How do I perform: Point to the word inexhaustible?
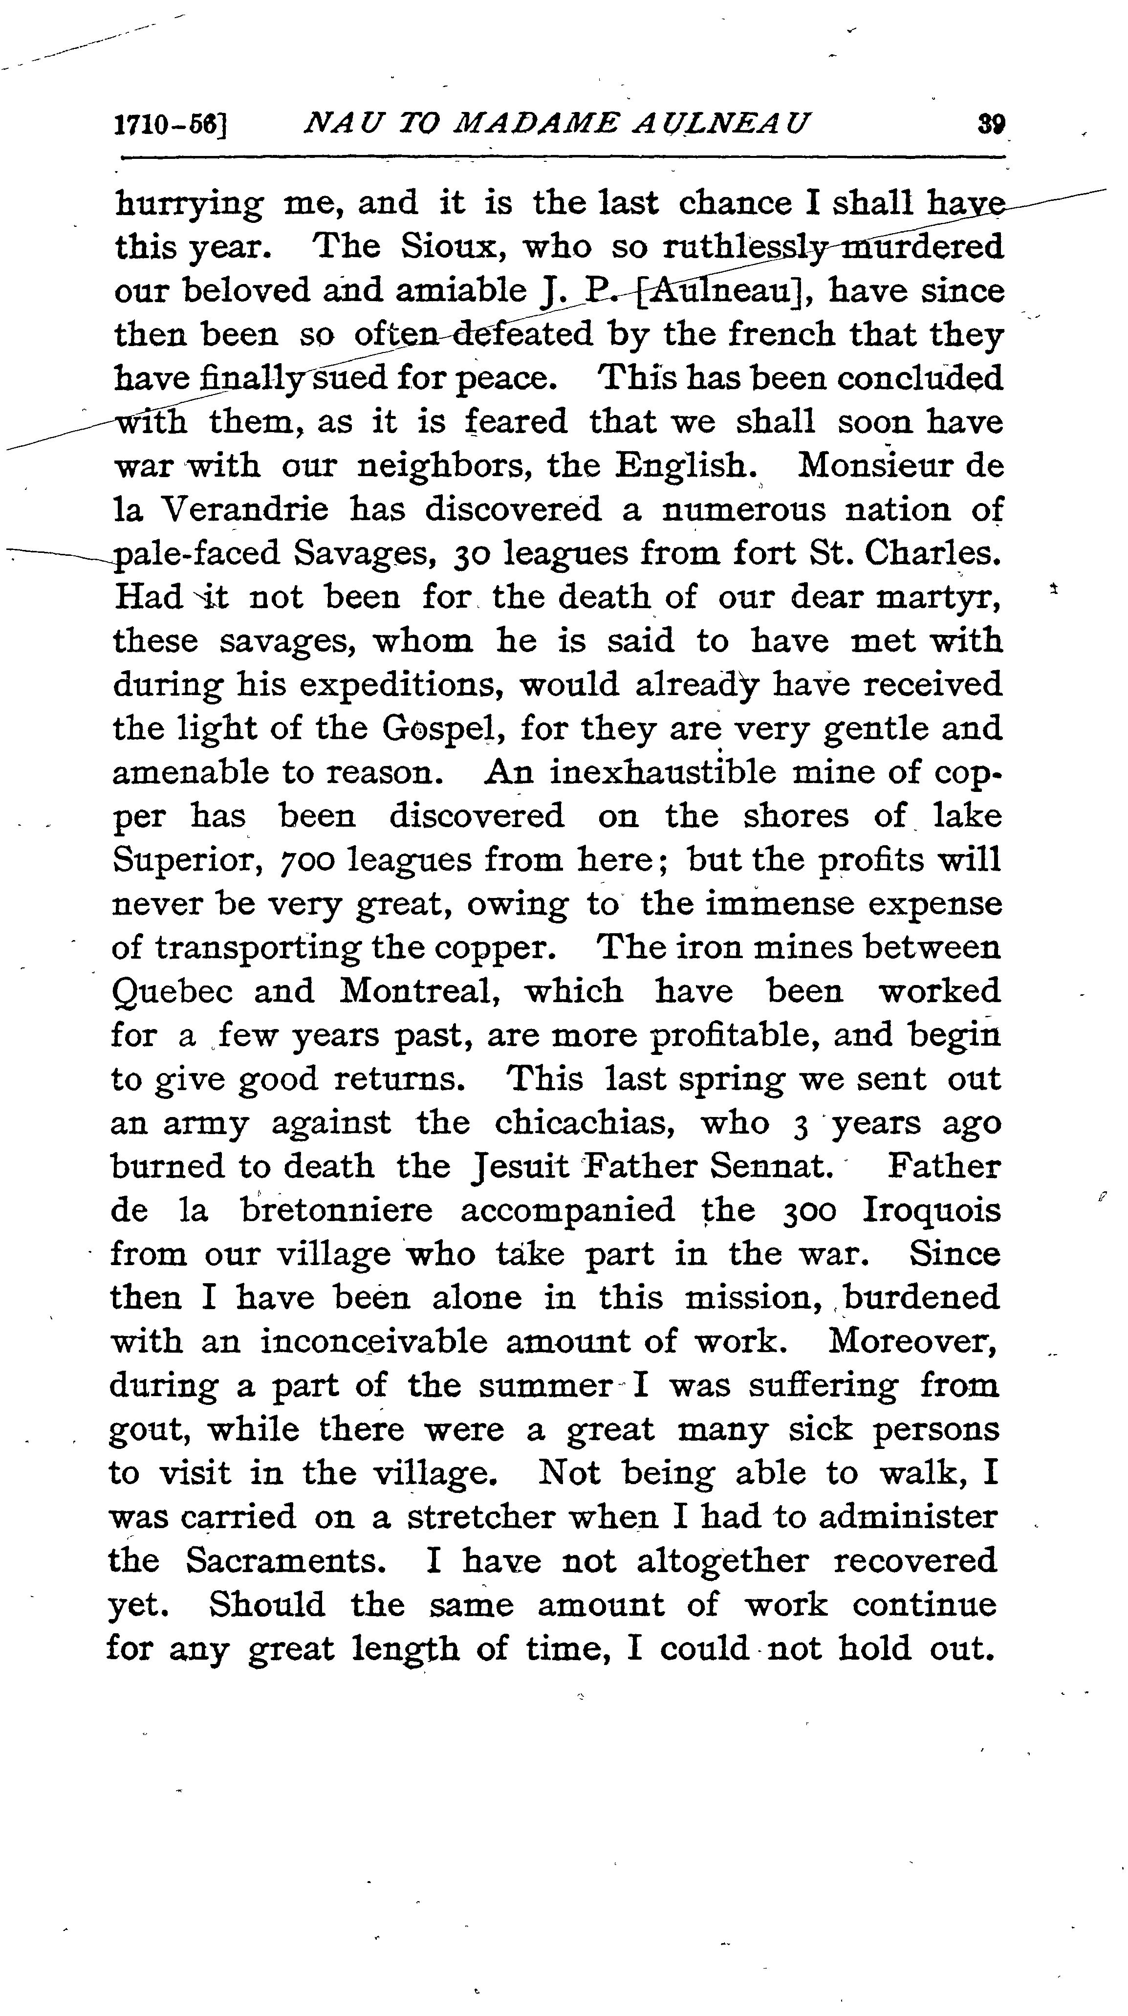(x=663, y=772)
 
